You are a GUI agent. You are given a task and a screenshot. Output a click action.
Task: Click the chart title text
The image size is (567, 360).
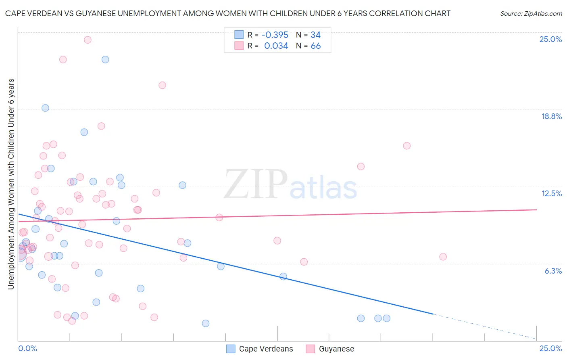[228, 13]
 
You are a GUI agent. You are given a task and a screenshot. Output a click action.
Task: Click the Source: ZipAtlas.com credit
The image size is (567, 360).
[531, 13]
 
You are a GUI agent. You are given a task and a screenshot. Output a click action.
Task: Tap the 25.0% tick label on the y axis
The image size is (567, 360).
[550, 39]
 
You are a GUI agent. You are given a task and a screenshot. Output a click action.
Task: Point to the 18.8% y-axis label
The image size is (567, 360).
[551, 116]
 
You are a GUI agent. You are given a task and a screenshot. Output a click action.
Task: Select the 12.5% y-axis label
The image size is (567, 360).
[551, 193]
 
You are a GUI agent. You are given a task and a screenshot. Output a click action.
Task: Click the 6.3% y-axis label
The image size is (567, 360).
[553, 271]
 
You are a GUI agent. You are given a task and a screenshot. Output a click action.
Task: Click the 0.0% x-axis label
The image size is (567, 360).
[28, 348]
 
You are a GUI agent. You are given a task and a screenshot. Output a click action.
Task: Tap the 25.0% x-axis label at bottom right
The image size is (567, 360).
[550, 348]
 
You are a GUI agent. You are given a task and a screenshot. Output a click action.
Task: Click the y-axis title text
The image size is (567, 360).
[11, 184]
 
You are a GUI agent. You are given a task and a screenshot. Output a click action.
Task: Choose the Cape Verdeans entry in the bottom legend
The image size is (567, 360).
[266, 349]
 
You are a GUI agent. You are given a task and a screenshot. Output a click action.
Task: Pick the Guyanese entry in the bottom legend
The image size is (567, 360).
[336, 349]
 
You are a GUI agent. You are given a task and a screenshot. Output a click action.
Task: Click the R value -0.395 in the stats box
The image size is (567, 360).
[275, 35]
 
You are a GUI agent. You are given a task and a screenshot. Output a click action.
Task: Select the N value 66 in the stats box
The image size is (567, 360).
[315, 46]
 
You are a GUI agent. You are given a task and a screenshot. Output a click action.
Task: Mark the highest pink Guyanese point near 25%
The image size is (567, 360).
[88, 40]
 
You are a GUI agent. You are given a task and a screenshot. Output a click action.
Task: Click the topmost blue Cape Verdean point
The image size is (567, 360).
[105, 59]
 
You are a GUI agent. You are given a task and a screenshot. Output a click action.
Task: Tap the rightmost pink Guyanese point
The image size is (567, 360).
[443, 257]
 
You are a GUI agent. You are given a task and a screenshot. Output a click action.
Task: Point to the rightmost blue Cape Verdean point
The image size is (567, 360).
[386, 318]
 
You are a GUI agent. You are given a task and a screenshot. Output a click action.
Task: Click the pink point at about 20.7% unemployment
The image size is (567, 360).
[162, 85]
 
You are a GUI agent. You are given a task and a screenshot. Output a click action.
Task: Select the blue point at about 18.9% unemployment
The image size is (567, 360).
[45, 108]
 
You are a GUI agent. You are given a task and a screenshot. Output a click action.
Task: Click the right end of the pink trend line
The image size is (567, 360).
[536, 209]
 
